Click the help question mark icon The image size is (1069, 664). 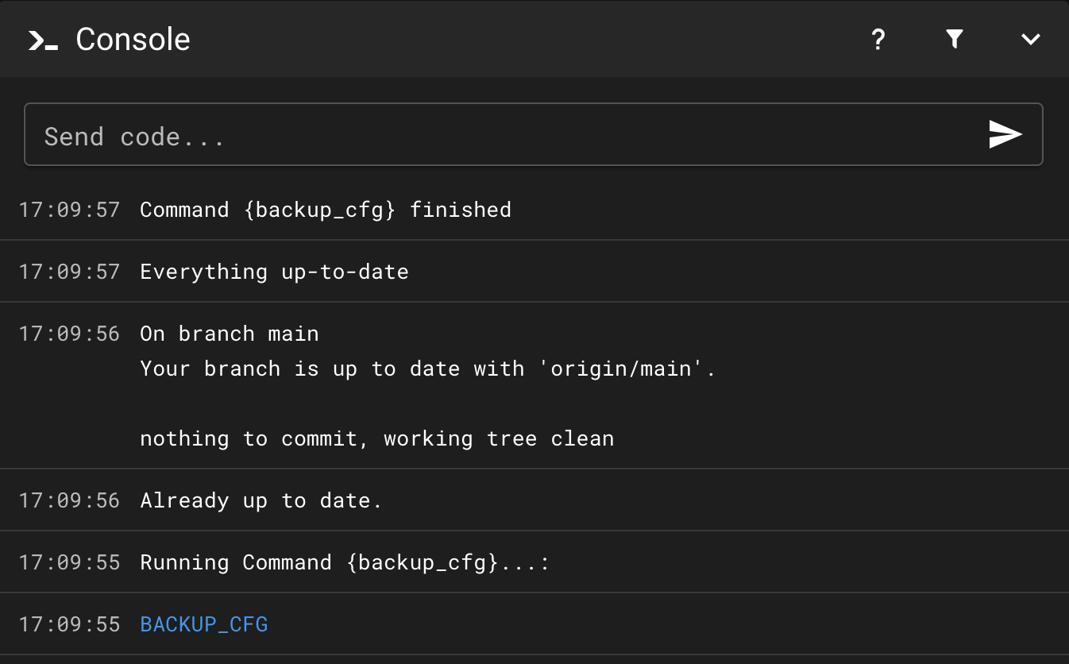(x=878, y=40)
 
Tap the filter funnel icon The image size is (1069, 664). (x=955, y=39)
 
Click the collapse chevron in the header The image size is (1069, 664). (x=1030, y=40)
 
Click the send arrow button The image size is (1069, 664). (x=1005, y=135)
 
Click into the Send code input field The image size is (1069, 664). (x=492, y=136)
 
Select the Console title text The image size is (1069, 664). (x=133, y=40)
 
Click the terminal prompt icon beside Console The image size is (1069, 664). (x=43, y=41)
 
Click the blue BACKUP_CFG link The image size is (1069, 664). (x=204, y=624)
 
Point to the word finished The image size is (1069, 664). (x=461, y=210)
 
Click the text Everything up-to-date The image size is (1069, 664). (x=274, y=272)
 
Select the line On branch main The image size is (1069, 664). (x=230, y=334)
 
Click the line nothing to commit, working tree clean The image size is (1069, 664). (x=376, y=438)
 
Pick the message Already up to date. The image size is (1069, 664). (x=261, y=500)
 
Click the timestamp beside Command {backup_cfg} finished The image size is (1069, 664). (x=69, y=210)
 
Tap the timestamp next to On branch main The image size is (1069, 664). (x=69, y=334)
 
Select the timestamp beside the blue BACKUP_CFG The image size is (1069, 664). (x=69, y=624)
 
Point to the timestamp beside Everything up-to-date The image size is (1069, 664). (x=69, y=272)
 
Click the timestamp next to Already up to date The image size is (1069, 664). (x=69, y=500)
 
